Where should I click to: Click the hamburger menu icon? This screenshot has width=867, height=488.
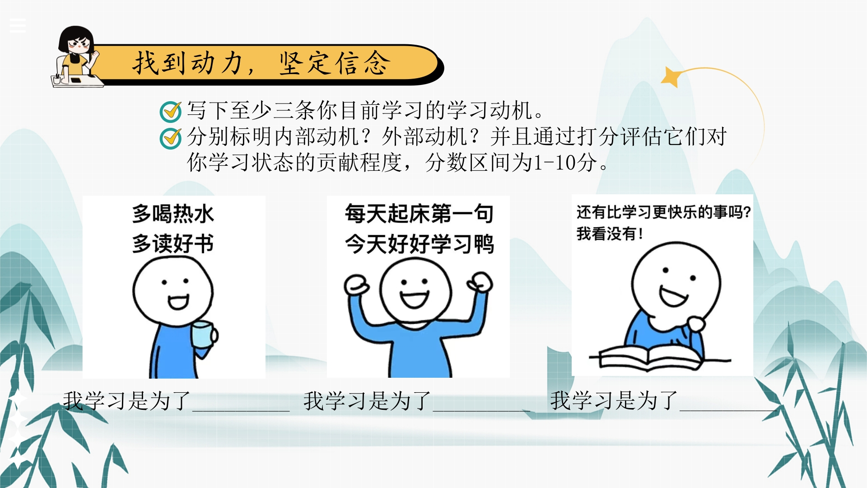(x=18, y=26)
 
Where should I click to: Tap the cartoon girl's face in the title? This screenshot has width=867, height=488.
(x=78, y=44)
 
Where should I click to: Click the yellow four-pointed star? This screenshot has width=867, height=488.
(x=671, y=76)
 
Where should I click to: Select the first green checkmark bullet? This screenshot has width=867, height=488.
(x=171, y=111)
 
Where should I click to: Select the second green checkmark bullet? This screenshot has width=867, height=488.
(x=171, y=138)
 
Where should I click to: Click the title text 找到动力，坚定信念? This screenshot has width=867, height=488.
(x=261, y=63)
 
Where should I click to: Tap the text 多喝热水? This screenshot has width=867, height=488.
(x=173, y=214)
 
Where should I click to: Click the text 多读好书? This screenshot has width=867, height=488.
(x=173, y=244)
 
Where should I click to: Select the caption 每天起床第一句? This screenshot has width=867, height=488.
(x=419, y=214)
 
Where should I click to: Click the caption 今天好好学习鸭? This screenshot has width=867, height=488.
(x=419, y=244)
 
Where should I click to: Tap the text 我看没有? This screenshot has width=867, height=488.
(x=610, y=234)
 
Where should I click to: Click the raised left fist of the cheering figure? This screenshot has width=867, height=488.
(x=357, y=285)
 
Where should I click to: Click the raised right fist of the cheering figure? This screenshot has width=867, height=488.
(x=480, y=282)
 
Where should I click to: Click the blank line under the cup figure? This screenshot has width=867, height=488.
(x=241, y=411)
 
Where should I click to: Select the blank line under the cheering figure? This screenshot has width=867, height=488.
(x=481, y=411)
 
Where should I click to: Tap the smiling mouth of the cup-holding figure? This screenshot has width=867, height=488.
(x=178, y=301)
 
